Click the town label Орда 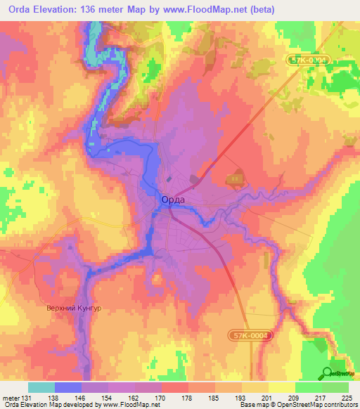(173, 200)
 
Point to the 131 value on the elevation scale (27, 397)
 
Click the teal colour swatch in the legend (41, 387)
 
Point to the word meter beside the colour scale (10, 397)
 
